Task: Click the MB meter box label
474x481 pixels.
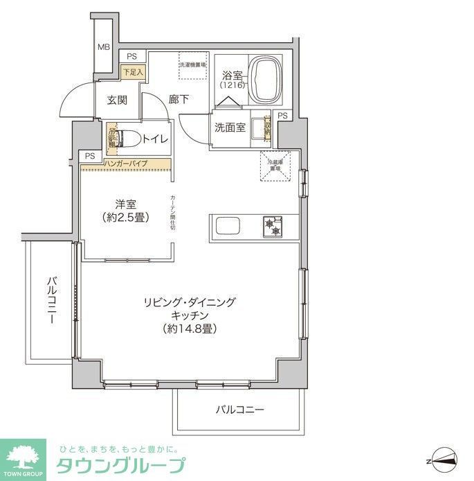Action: [103, 47]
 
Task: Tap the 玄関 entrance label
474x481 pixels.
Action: [116, 100]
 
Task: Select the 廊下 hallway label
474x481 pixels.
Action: [179, 100]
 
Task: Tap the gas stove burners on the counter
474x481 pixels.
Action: [271, 226]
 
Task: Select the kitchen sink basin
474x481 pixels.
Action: [228, 227]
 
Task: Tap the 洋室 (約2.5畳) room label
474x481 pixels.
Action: [126, 210]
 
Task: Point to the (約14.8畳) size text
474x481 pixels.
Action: [190, 329]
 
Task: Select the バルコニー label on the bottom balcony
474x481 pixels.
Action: [239, 410]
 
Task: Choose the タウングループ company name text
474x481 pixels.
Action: [121, 466]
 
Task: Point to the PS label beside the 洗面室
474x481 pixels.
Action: [282, 116]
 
